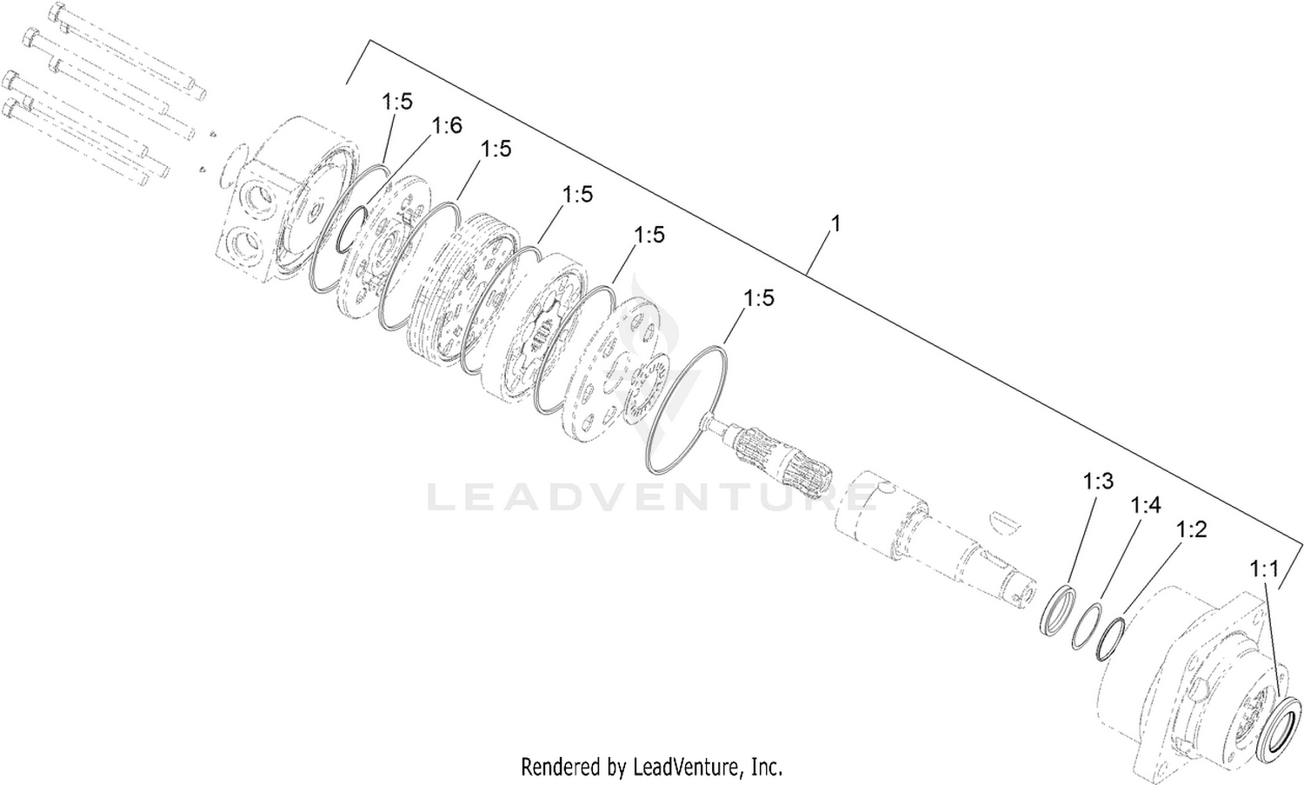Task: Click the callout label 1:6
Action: point(447,126)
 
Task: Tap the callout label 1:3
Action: point(1098,482)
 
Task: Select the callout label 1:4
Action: point(1146,505)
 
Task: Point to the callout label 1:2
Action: point(1192,529)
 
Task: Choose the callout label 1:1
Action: point(1263,569)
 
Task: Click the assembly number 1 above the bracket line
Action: point(836,223)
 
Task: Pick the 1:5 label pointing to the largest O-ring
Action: point(759,298)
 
